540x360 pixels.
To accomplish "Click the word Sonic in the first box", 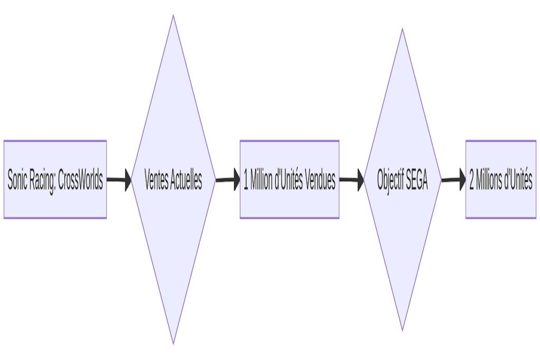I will [x=18, y=180].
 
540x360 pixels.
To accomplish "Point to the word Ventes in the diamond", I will [x=156, y=180].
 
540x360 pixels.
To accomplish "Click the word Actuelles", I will [x=187, y=180].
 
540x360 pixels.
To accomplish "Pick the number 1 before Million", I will [x=246, y=180].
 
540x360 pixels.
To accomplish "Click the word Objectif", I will [x=391, y=180].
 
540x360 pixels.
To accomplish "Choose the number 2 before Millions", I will [x=472, y=180].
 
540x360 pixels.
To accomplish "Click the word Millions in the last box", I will [x=489, y=180].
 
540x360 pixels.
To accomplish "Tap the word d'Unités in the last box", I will [x=518, y=180].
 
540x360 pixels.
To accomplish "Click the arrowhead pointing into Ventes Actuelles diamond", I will [x=128, y=180].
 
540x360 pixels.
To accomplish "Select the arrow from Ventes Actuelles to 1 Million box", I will [x=227, y=180].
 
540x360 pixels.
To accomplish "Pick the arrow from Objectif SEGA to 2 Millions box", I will [x=454, y=180].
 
